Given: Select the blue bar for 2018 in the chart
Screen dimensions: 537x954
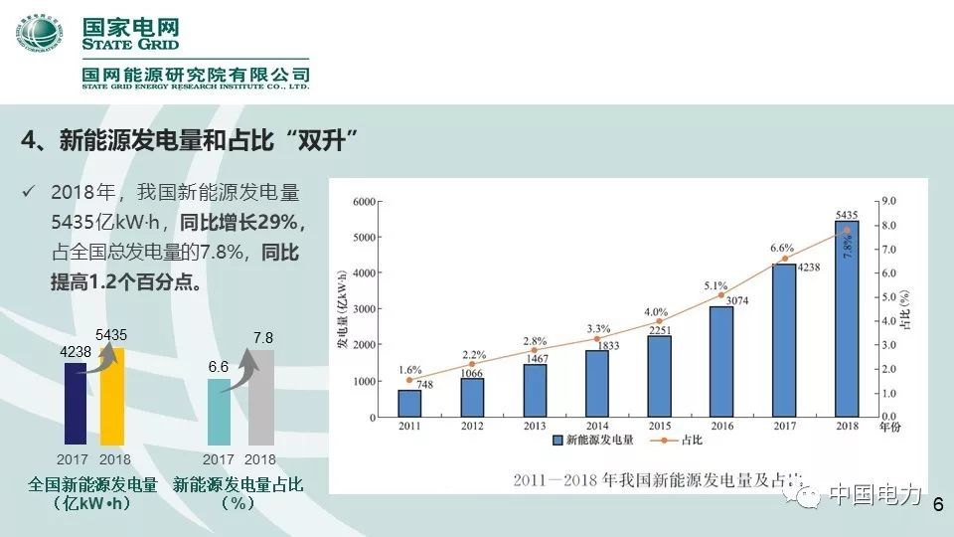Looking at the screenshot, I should pos(847,318).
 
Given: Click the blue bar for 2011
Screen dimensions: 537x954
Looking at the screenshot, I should pos(409,403).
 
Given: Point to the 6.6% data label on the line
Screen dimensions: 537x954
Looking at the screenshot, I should pos(782,248).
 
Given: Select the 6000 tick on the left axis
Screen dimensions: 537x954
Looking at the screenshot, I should pos(362,201).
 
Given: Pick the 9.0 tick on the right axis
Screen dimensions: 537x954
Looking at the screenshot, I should pos(889,201).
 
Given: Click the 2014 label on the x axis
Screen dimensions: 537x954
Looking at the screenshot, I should pos(597,426).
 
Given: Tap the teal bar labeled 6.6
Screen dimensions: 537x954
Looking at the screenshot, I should pos(219,412).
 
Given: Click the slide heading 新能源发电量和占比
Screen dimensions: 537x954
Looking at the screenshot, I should pos(189,139).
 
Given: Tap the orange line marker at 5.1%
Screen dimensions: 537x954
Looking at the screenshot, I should pos(721,295).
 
